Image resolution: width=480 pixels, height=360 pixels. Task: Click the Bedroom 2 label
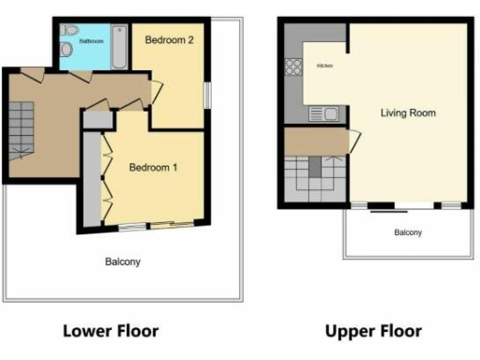coord(168,40)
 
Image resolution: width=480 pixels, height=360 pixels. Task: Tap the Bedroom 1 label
coord(154,168)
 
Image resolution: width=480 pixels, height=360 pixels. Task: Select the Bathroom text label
coord(90,42)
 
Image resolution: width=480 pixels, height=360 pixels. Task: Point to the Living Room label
coord(408,113)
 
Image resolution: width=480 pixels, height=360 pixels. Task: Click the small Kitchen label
coord(324,66)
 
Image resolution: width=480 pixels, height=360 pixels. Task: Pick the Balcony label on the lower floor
coord(122,262)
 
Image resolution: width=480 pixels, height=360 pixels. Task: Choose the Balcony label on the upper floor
coord(407,232)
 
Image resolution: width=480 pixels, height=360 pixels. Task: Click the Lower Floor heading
coord(111,331)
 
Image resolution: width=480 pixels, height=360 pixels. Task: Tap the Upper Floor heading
coord(373,331)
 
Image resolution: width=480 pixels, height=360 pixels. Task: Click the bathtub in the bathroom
coord(119,47)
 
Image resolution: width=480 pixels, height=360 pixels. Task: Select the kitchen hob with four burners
coord(293,67)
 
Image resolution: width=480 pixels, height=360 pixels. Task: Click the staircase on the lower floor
coord(21,127)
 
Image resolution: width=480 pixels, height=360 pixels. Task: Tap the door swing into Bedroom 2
coord(157,91)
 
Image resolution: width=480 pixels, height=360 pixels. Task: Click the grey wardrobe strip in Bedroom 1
coord(91,178)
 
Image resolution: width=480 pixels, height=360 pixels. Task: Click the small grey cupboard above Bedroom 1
coord(95,120)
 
